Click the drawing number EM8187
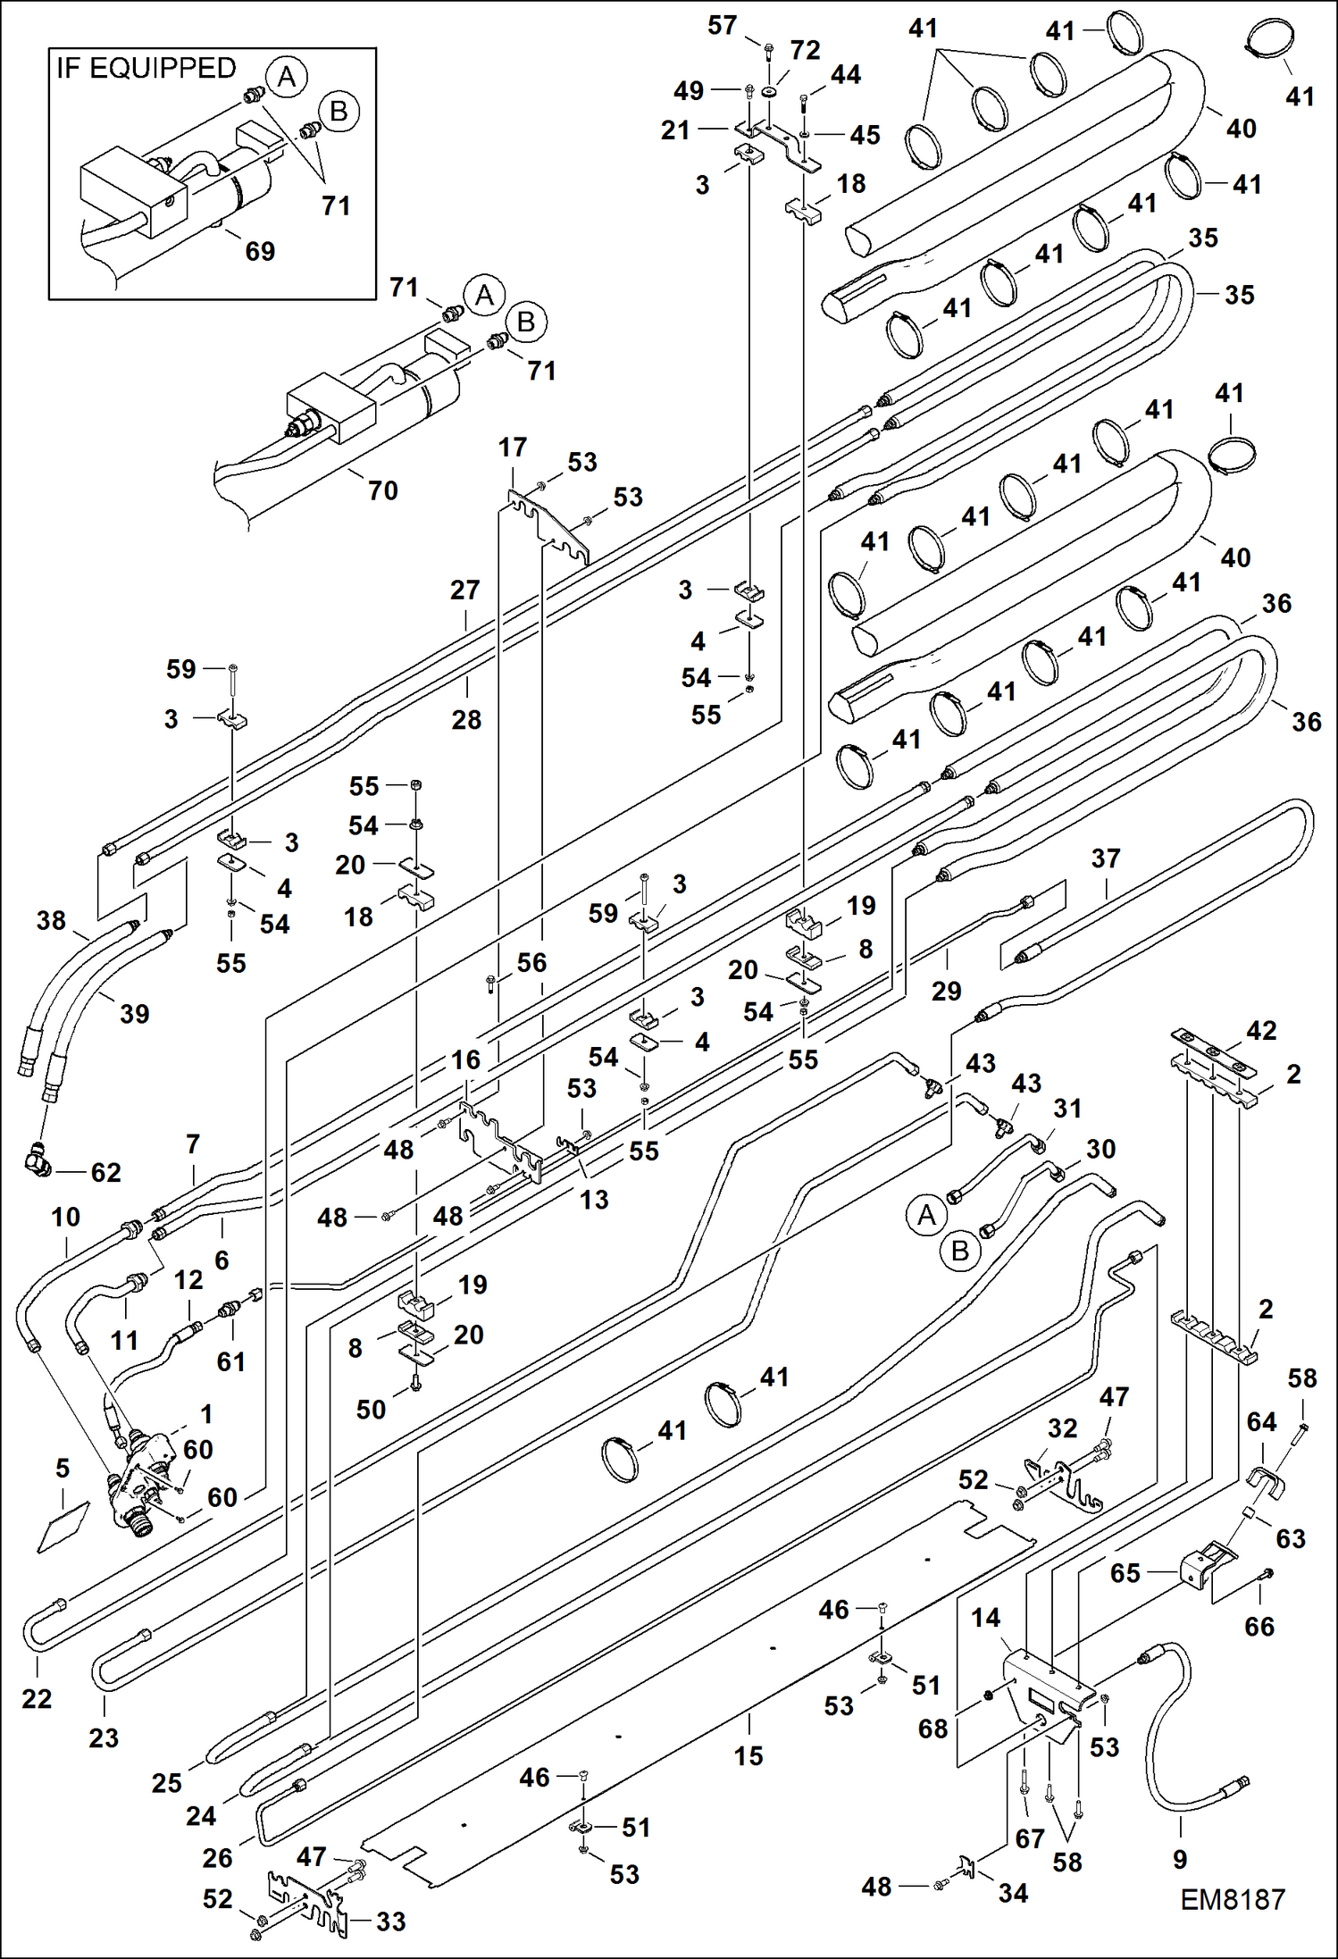point(1232,1898)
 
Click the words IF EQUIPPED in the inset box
point(146,69)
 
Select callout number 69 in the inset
point(260,251)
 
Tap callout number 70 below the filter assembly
point(382,490)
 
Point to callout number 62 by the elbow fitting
point(105,1172)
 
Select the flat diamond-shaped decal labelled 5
point(63,1528)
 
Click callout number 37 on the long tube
point(1105,858)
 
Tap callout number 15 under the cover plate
point(748,1755)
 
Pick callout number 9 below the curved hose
point(1179,1859)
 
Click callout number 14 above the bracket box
point(985,1618)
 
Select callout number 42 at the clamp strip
point(1260,1030)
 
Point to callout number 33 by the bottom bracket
point(390,1921)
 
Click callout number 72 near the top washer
point(805,50)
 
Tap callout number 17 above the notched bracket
point(513,447)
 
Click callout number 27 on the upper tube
point(464,590)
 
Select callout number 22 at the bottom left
point(37,1698)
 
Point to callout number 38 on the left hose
point(51,920)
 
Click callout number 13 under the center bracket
point(593,1199)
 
